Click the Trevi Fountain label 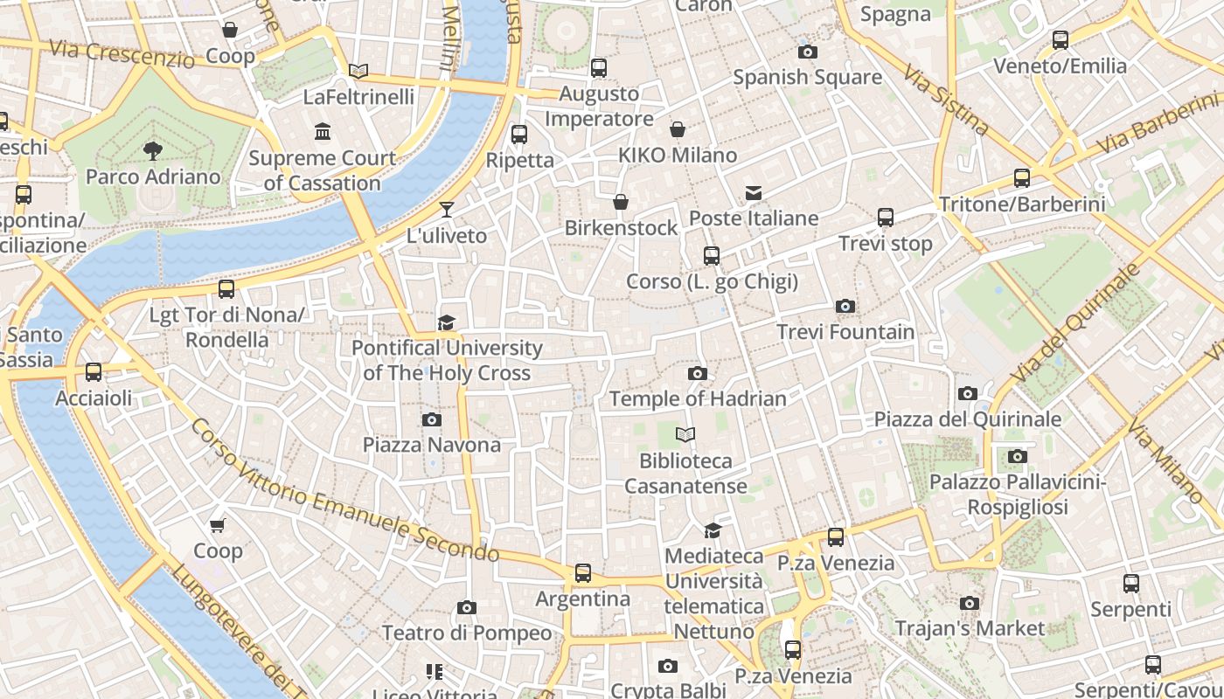(x=845, y=332)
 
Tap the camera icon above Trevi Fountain (x=845, y=306)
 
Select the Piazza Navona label (x=432, y=445)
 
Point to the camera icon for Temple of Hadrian (x=697, y=374)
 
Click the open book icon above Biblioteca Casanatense (x=685, y=434)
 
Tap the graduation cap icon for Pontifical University (x=447, y=323)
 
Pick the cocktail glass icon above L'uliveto (x=447, y=210)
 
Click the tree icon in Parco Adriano (x=153, y=151)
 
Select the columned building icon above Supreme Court (x=323, y=132)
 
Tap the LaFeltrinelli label (x=358, y=97)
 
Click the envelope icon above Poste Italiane (x=753, y=193)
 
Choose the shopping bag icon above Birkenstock (x=621, y=203)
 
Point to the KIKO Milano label (x=678, y=156)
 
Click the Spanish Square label (x=807, y=77)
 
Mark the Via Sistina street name (x=947, y=100)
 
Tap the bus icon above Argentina (x=582, y=573)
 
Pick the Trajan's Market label (x=970, y=628)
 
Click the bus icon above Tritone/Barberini (x=1021, y=178)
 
